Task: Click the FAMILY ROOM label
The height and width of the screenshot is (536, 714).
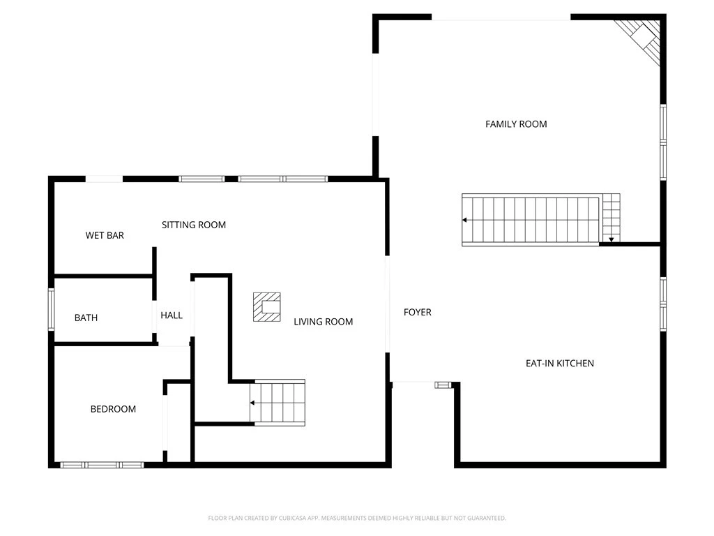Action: pos(516,124)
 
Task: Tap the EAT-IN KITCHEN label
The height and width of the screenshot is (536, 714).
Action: pos(560,363)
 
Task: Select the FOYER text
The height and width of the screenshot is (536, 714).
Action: pos(417,312)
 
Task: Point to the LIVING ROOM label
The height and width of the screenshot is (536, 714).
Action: pos(324,322)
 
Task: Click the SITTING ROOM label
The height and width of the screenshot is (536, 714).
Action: pos(194,225)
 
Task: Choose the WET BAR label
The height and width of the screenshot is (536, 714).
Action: pos(105,235)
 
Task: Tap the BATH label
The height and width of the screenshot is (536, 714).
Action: pos(86,318)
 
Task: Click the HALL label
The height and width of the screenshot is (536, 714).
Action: pos(172,315)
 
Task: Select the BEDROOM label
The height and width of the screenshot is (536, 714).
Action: pos(113,409)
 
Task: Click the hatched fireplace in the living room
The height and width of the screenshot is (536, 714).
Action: pos(267,307)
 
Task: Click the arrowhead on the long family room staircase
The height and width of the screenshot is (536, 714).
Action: pos(464,220)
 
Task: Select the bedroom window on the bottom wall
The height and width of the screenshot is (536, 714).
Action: pos(102,465)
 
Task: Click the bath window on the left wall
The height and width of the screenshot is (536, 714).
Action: pos(52,309)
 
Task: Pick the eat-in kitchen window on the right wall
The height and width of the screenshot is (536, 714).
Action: pos(663,304)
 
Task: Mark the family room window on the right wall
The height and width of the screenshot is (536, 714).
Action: pos(663,142)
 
